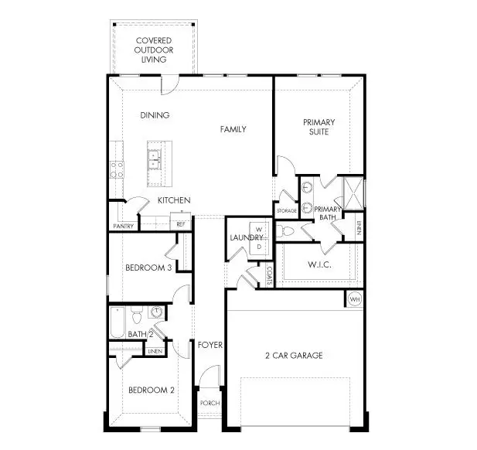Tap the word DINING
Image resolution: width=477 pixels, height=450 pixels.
[155, 115]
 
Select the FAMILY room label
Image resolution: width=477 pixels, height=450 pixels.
[233, 129]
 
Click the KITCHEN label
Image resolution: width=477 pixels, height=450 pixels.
[174, 200]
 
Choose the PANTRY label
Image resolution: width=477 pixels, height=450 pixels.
[124, 227]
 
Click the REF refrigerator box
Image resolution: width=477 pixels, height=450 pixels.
[181, 224]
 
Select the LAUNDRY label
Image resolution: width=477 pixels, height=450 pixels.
[242, 237]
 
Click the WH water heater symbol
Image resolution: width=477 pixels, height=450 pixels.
[355, 299]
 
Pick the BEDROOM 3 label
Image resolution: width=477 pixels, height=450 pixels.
[148, 268]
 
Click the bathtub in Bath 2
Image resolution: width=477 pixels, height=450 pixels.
[118, 322]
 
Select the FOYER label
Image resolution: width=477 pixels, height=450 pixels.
[210, 344]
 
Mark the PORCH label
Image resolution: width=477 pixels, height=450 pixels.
[209, 404]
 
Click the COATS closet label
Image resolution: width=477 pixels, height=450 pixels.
[268, 272]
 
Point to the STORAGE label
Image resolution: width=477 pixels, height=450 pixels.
[286, 210]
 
